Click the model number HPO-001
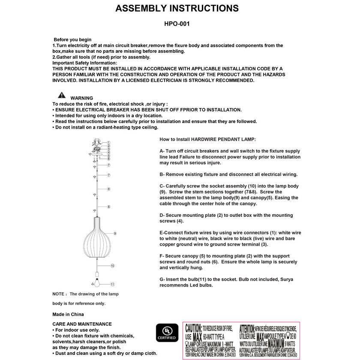tap(177, 24)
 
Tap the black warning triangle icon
tap(62, 95)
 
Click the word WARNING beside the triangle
tap(81, 98)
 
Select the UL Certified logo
tap(167, 333)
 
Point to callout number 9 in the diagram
tap(115, 233)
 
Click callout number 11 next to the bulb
tap(112, 284)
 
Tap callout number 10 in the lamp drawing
tap(112, 266)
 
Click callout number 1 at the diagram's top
tap(109, 143)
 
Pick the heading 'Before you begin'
tap(72, 40)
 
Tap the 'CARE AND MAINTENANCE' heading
tap(82, 324)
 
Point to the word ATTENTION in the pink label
tap(247, 328)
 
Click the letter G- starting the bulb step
tap(162, 279)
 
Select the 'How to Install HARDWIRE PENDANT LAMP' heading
tap(207, 140)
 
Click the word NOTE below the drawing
tap(58, 294)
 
